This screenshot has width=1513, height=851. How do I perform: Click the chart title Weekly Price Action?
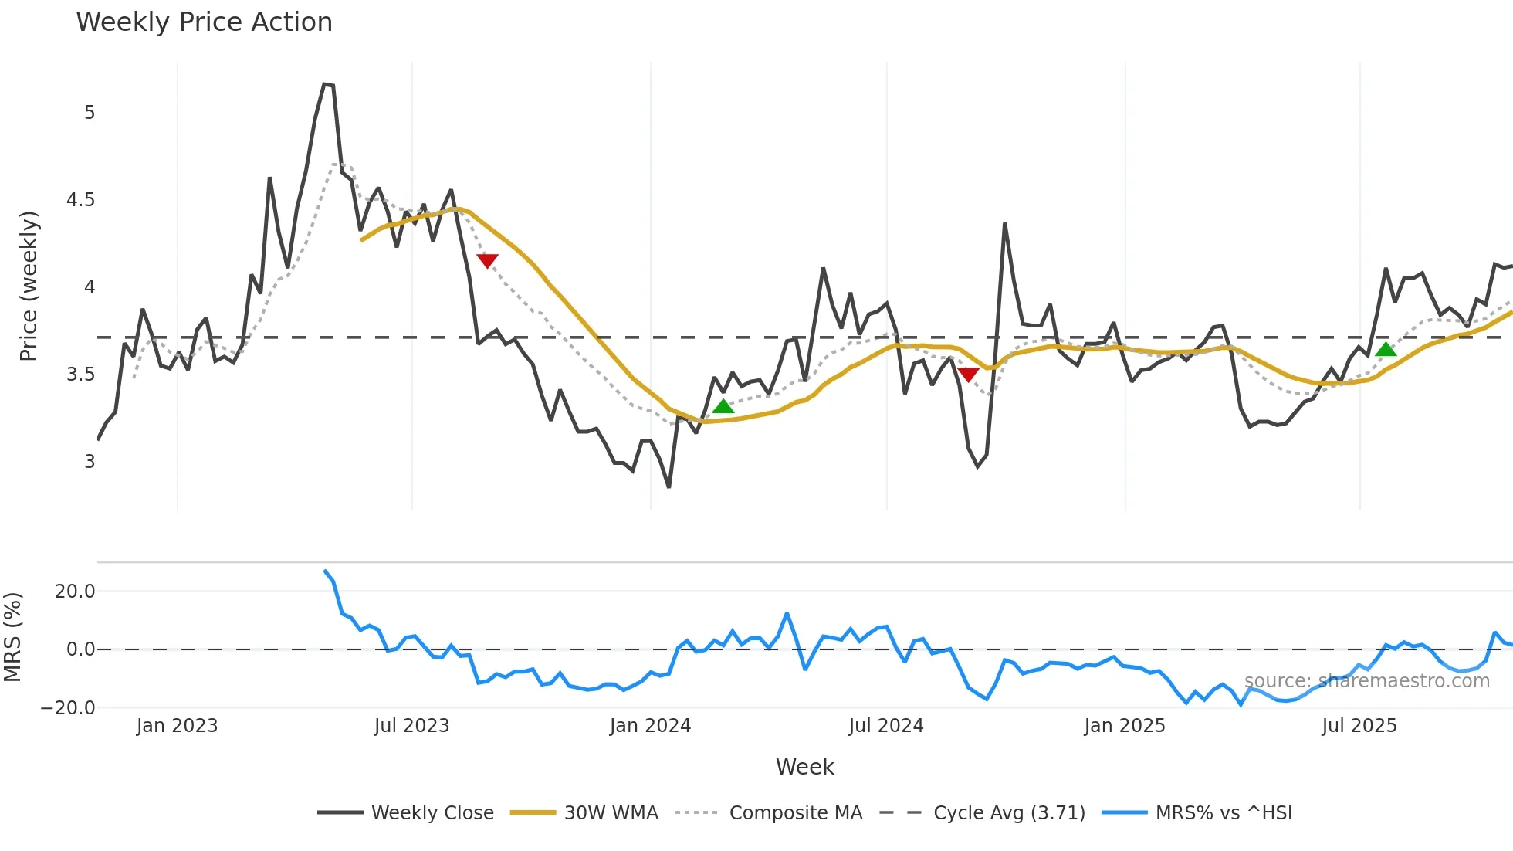pyautogui.click(x=204, y=22)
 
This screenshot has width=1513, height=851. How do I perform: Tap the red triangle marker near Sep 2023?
pyautogui.click(x=487, y=260)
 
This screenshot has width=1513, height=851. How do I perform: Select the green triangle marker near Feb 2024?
pyautogui.click(x=723, y=406)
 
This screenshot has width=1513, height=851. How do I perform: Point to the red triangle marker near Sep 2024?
pyautogui.click(x=968, y=375)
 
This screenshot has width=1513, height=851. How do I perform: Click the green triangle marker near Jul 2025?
pyautogui.click(x=1386, y=349)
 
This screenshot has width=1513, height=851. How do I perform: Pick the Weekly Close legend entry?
pyautogui.click(x=406, y=812)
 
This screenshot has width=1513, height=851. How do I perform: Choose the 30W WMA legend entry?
pyautogui.click(x=585, y=812)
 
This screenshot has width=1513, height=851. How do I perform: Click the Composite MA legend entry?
pyautogui.click(x=769, y=812)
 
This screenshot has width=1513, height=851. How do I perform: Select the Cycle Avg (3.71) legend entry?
pyautogui.click(x=983, y=812)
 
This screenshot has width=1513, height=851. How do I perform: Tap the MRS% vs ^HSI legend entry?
pyautogui.click(x=1197, y=812)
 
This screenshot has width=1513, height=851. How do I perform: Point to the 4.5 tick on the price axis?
pyautogui.click(x=80, y=200)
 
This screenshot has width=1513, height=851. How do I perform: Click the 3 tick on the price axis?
pyautogui.click(x=90, y=462)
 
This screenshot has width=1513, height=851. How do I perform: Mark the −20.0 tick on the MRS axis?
pyautogui.click(x=68, y=708)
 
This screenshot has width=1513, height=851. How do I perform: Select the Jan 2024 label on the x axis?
pyautogui.click(x=650, y=726)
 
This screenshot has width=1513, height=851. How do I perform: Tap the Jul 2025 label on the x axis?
pyautogui.click(x=1359, y=726)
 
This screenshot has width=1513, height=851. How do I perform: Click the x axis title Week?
pyautogui.click(x=804, y=767)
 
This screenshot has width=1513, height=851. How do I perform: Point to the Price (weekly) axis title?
pyautogui.click(x=29, y=286)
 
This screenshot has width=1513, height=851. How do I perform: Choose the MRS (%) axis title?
pyautogui.click(x=12, y=637)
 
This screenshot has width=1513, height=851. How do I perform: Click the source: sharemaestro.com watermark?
pyautogui.click(x=1366, y=681)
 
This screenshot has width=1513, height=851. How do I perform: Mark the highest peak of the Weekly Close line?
pyautogui.click(x=325, y=83)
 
